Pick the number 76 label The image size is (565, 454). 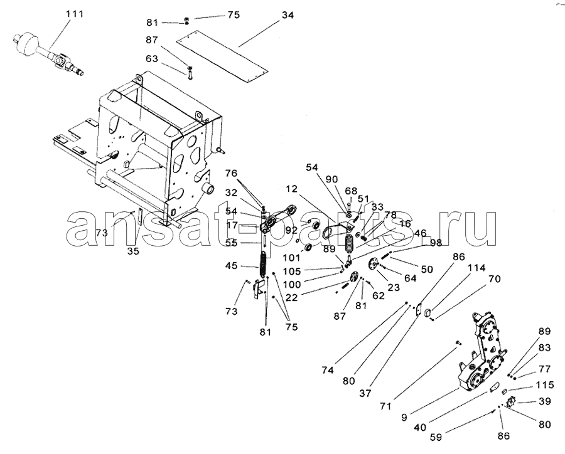[232, 172]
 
